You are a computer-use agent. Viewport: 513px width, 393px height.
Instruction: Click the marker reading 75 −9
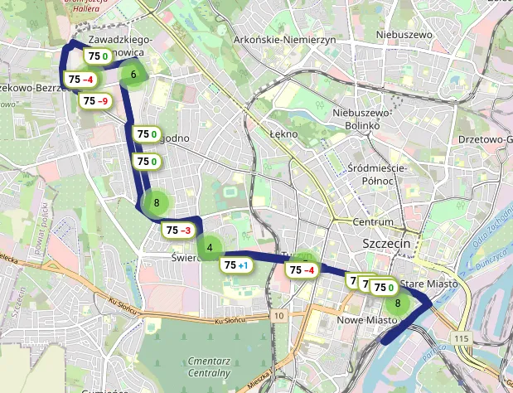(95, 100)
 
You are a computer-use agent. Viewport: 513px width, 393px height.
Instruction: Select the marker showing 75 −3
(179, 230)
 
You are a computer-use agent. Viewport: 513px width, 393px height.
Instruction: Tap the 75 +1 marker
(235, 265)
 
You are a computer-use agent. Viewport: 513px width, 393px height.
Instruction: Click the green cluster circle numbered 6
(133, 75)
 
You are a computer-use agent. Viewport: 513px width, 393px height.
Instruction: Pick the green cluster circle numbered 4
(210, 247)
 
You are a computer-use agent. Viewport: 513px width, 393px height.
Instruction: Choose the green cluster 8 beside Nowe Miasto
(399, 303)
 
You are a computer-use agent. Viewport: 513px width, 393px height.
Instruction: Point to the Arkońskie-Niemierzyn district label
(283, 40)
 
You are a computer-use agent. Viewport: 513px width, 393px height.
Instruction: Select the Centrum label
(372, 222)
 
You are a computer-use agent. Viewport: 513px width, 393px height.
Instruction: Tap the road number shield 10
(280, 316)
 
